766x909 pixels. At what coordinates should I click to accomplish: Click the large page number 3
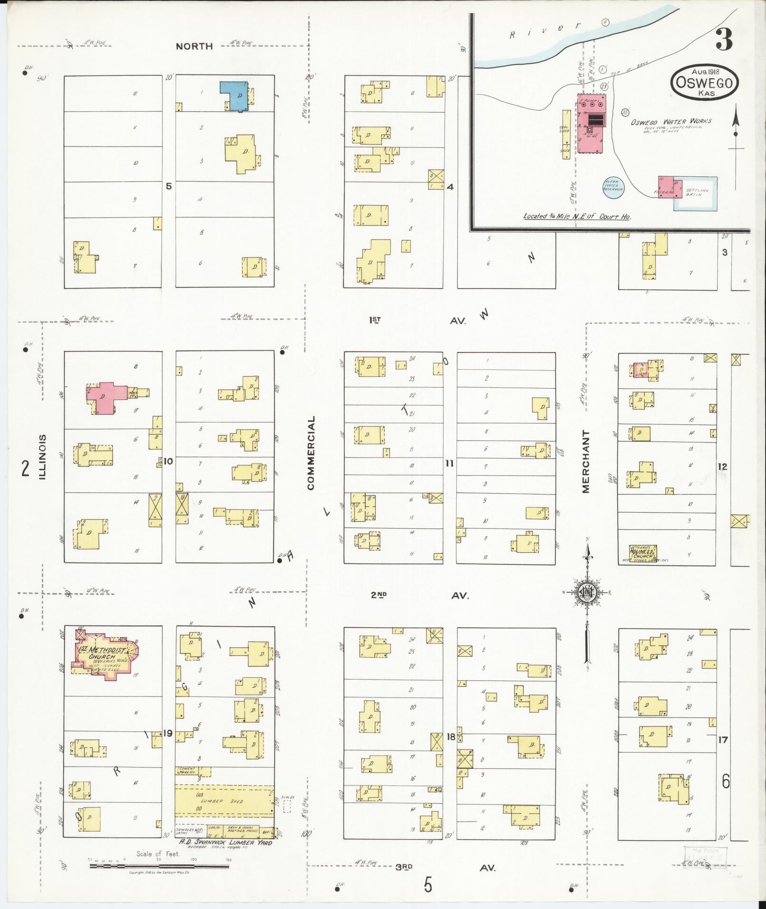[x=724, y=39]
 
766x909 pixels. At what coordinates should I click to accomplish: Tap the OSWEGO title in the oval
[x=704, y=83]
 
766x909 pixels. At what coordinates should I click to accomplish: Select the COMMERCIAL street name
[x=311, y=453]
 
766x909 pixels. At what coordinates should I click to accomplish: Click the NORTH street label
[x=194, y=46]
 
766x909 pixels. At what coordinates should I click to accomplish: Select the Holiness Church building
[x=643, y=553]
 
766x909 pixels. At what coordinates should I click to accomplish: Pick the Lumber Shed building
[x=224, y=801]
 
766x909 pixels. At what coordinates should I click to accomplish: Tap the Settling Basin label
[x=697, y=192]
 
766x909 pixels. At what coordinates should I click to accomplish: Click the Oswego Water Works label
[x=671, y=122]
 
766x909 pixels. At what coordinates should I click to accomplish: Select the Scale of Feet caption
[x=158, y=854]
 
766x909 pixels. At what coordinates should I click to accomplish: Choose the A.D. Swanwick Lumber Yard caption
[x=225, y=842]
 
